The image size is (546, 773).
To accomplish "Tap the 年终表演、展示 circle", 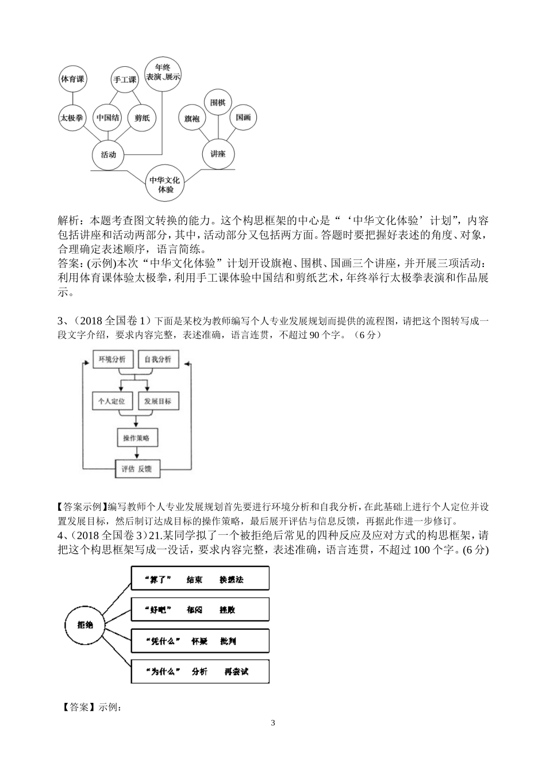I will (x=163, y=71).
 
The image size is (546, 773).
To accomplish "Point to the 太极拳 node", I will (x=72, y=118).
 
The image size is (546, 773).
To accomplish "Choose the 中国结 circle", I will (x=108, y=118).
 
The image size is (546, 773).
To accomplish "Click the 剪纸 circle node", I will (x=142, y=118).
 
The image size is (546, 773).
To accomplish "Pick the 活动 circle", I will (x=108, y=154).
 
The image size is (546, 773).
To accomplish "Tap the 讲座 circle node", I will (x=218, y=154).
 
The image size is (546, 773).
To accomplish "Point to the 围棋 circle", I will (x=218, y=102).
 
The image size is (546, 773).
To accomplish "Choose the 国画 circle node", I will (x=243, y=117).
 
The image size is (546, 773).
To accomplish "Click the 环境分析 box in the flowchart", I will (x=113, y=359).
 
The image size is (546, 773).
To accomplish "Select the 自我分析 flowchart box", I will (x=158, y=359).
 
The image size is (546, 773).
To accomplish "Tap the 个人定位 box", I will (x=113, y=401).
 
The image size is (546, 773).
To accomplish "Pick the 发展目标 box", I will (x=158, y=401).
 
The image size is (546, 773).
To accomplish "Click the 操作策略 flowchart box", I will (x=137, y=438).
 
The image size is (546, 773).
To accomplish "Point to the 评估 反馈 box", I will (x=137, y=469).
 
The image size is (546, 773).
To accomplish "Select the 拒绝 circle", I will (x=86, y=625).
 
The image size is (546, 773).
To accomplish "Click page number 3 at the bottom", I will (x=273, y=723).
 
